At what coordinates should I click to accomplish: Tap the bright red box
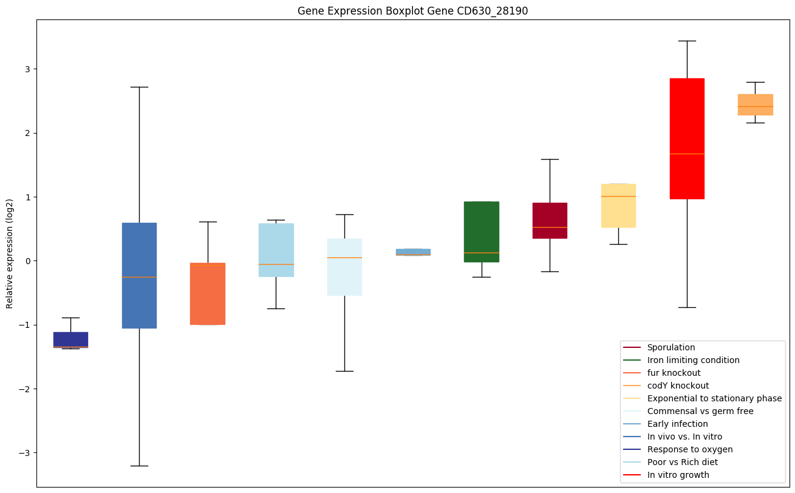tap(687, 138)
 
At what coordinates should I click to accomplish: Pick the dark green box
tap(482, 231)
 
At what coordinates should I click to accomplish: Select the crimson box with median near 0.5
tap(550, 220)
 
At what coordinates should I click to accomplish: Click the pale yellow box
tap(618, 205)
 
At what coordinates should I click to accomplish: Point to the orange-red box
tap(208, 294)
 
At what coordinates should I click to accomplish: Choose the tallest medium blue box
tap(139, 275)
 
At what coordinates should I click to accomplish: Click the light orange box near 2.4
tap(755, 104)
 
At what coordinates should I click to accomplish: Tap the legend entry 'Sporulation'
tap(670, 347)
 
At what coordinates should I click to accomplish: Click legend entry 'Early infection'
tap(677, 424)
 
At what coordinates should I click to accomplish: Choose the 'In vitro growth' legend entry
tap(678, 475)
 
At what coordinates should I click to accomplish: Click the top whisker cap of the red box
tap(687, 41)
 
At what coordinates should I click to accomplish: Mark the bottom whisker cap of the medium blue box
tap(139, 466)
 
